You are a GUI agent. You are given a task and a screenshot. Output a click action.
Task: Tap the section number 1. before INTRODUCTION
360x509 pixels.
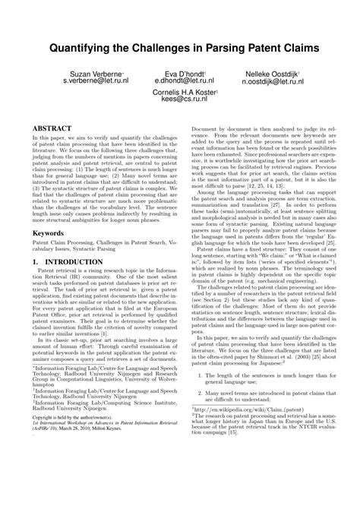(34, 283)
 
